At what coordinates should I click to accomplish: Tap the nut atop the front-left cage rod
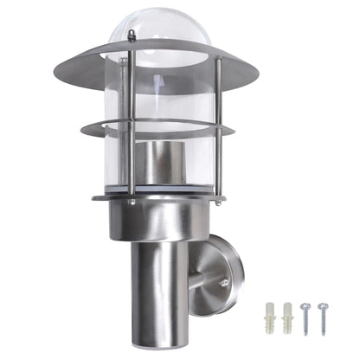(132, 35)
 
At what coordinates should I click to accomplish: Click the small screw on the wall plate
(226, 282)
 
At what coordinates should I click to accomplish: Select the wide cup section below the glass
(161, 221)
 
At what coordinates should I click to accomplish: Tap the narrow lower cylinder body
(161, 286)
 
